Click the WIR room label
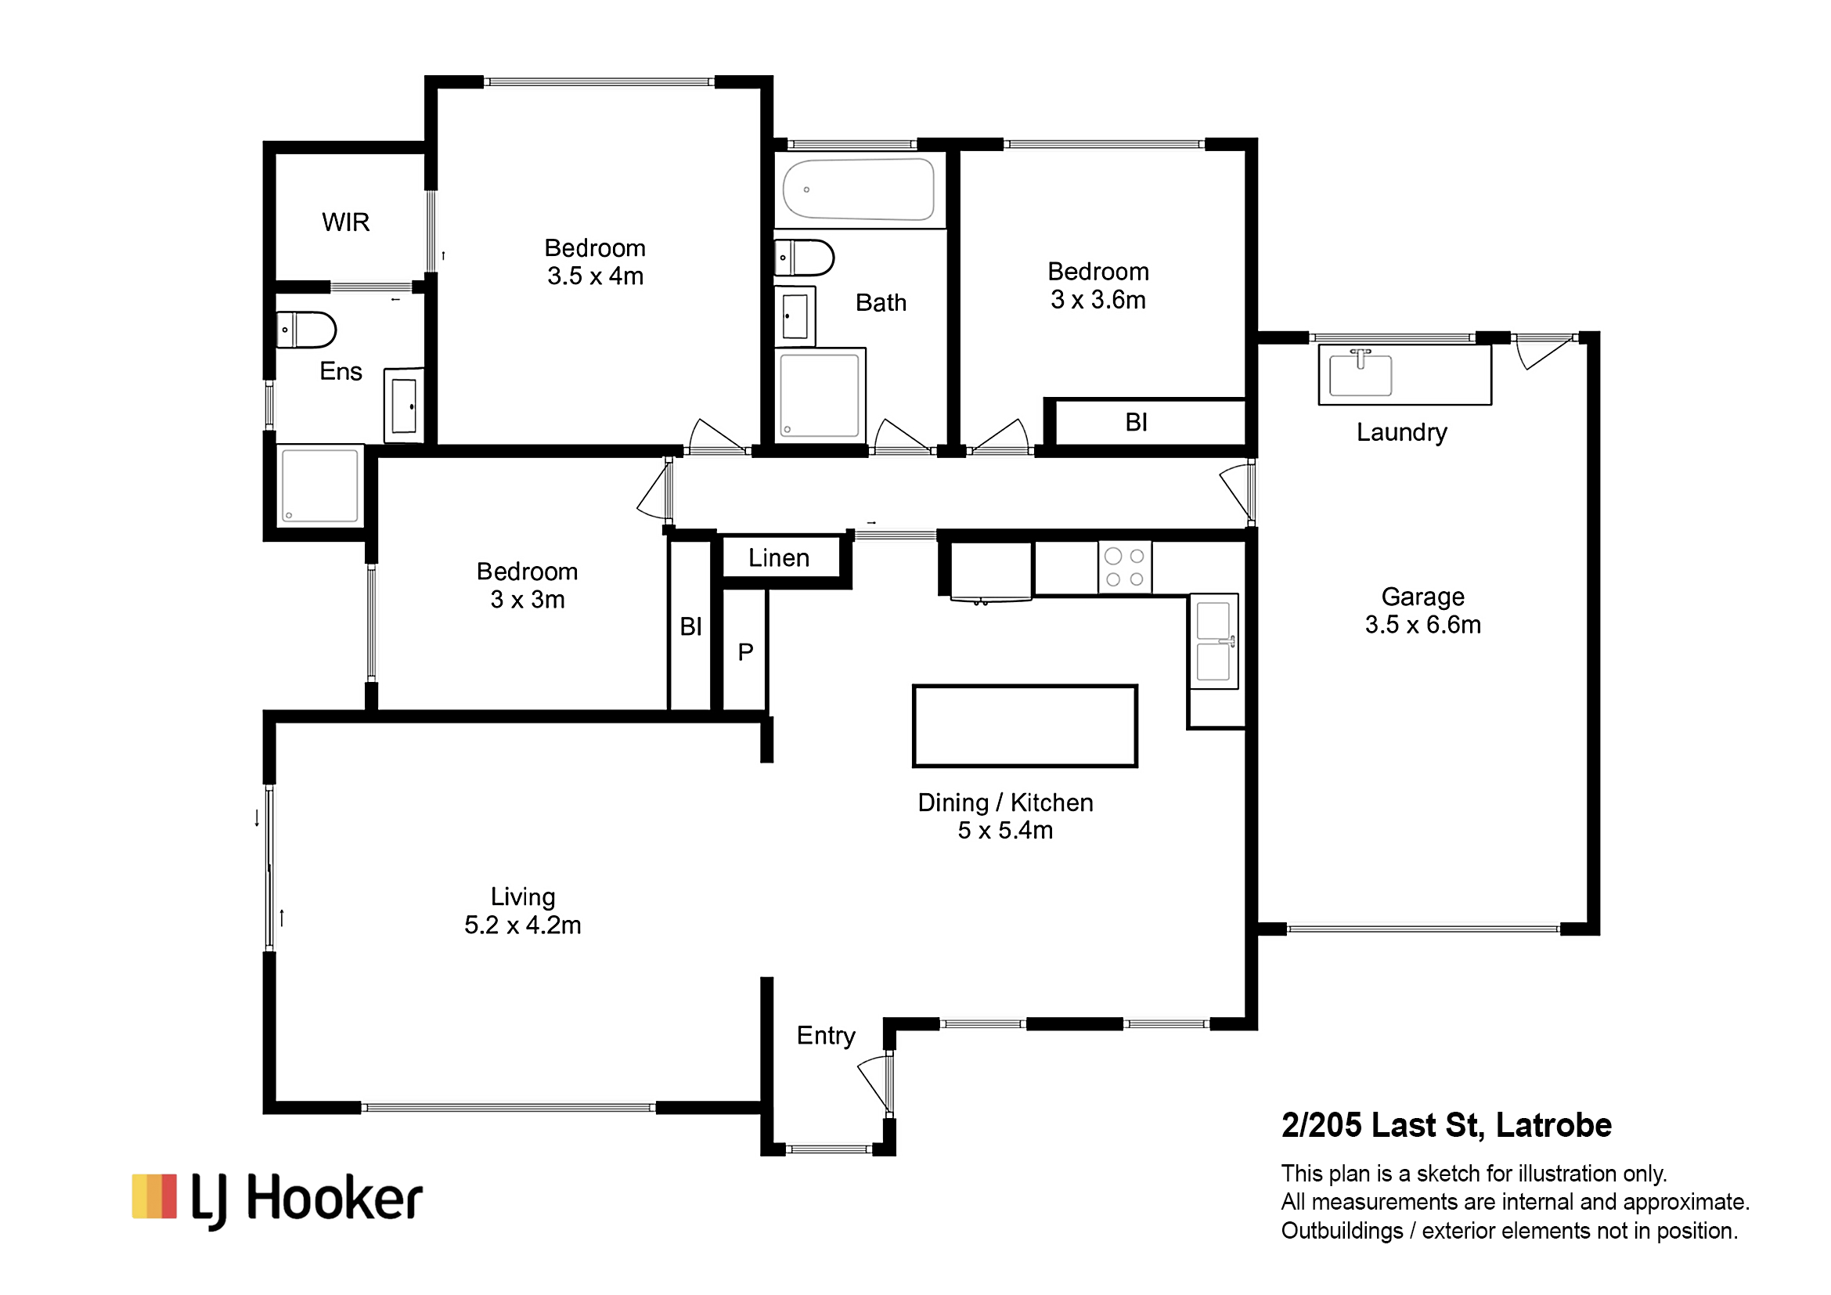point(345,222)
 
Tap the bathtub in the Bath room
point(858,189)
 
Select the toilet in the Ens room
point(306,330)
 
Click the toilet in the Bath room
point(804,258)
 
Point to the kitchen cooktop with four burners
point(1124,567)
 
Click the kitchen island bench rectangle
point(1025,726)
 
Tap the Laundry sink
point(1361,373)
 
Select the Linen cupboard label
point(778,557)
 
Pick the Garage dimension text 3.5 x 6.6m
point(1422,624)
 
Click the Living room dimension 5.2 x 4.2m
point(522,925)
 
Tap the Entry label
point(825,1036)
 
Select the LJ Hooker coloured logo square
point(154,1196)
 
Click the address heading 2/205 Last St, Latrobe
point(1447,1125)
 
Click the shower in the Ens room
point(320,485)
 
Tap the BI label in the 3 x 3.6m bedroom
point(1137,422)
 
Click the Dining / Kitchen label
point(1005,803)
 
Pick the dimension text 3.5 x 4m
point(595,276)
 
